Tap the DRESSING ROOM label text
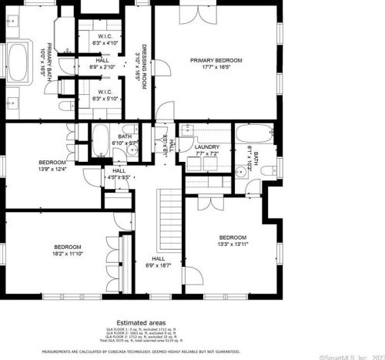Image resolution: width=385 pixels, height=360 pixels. (x=140, y=66)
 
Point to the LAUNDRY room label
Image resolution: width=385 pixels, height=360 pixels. (x=206, y=150)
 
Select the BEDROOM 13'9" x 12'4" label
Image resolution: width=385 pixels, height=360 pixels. (x=52, y=165)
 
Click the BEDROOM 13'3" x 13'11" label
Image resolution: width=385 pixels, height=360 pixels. (x=232, y=241)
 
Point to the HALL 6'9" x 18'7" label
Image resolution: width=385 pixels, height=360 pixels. (x=159, y=261)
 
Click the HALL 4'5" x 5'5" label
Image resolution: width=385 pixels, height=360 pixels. (x=119, y=173)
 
